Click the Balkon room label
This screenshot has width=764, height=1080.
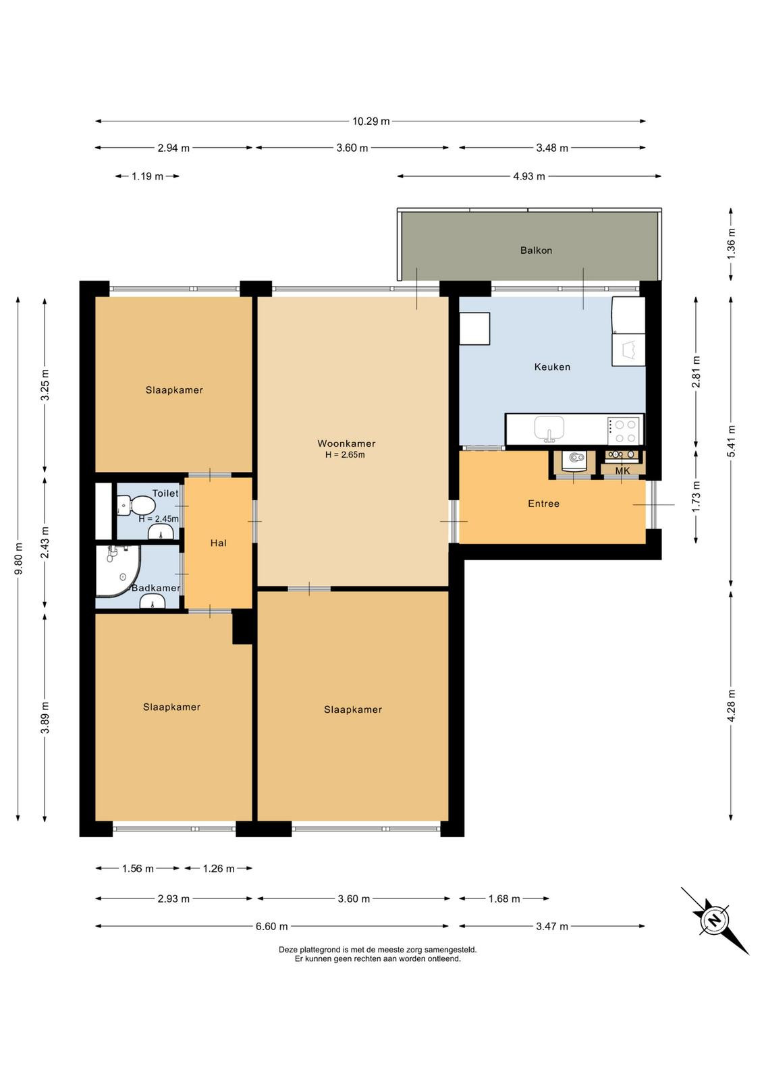535,250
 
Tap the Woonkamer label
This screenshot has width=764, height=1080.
346,443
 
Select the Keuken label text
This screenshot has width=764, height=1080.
552,367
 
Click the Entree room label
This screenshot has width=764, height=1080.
543,504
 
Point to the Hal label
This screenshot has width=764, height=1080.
218,543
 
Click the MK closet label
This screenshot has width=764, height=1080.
622,470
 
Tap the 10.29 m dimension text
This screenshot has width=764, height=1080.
371,121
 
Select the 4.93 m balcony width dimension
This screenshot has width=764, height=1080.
528,176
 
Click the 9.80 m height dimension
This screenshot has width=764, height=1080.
18,558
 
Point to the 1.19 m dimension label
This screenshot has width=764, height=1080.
148,176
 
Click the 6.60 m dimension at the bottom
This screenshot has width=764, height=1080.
271,926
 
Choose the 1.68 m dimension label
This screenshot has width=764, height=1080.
503,898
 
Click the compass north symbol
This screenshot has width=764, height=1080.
714,920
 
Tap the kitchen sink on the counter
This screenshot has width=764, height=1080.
549,429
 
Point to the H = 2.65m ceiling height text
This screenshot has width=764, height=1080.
345,455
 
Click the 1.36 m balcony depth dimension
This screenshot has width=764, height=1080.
731,249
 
